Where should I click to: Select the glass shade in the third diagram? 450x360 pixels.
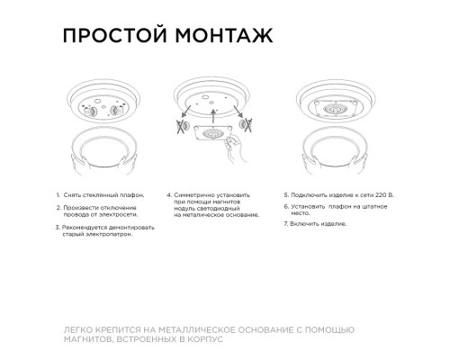tap(339, 158)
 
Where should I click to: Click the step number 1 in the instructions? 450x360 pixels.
tap(58, 194)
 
